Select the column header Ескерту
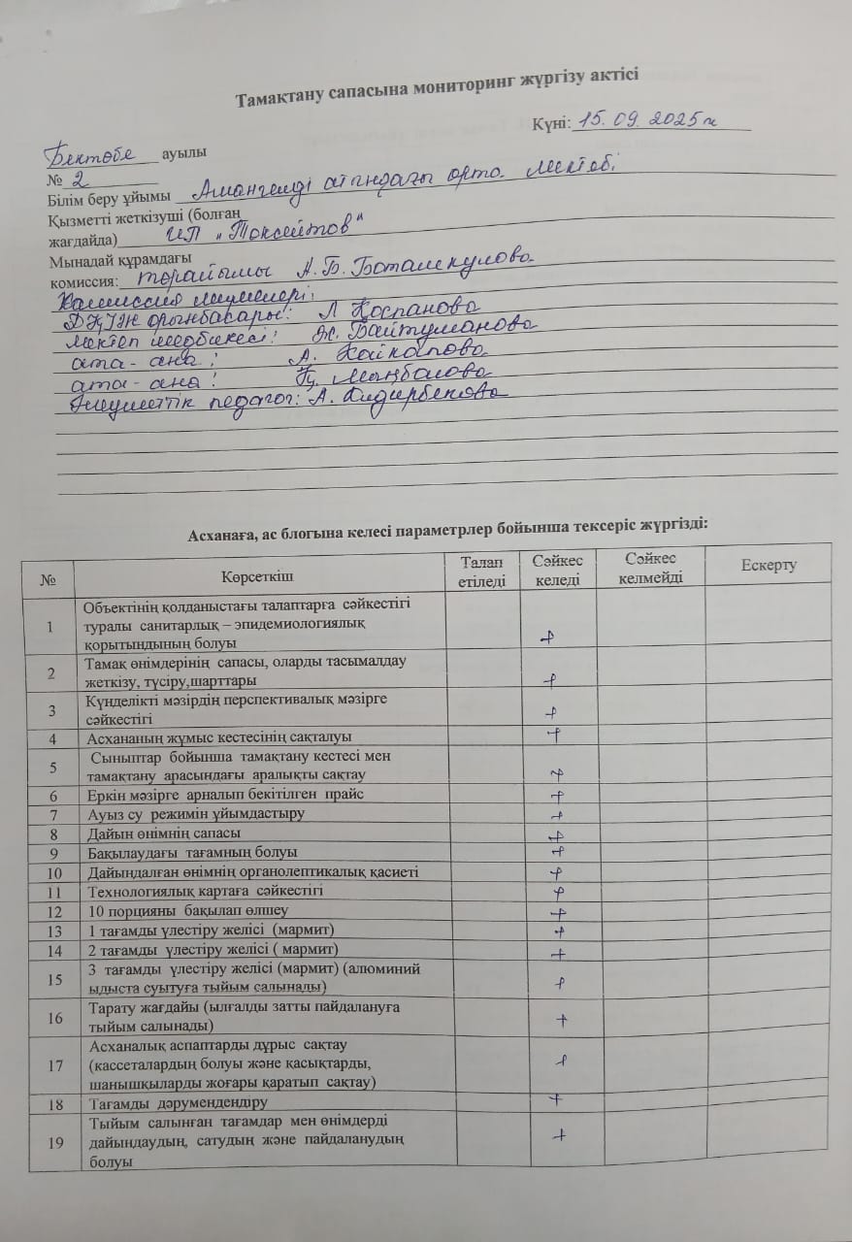click(x=769, y=566)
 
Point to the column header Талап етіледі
click(x=482, y=572)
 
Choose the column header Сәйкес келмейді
click(x=650, y=568)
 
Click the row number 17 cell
click(x=49, y=1064)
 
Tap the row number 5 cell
click(x=49, y=765)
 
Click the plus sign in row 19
click(x=560, y=1134)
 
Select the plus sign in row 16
click(x=561, y=1019)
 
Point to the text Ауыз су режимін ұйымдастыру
click(x=196, y=813)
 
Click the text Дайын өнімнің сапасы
click(x=165, y=833)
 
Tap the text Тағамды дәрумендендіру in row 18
click(x=178, y=1102)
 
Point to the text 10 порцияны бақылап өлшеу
click(x=188, y=910)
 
